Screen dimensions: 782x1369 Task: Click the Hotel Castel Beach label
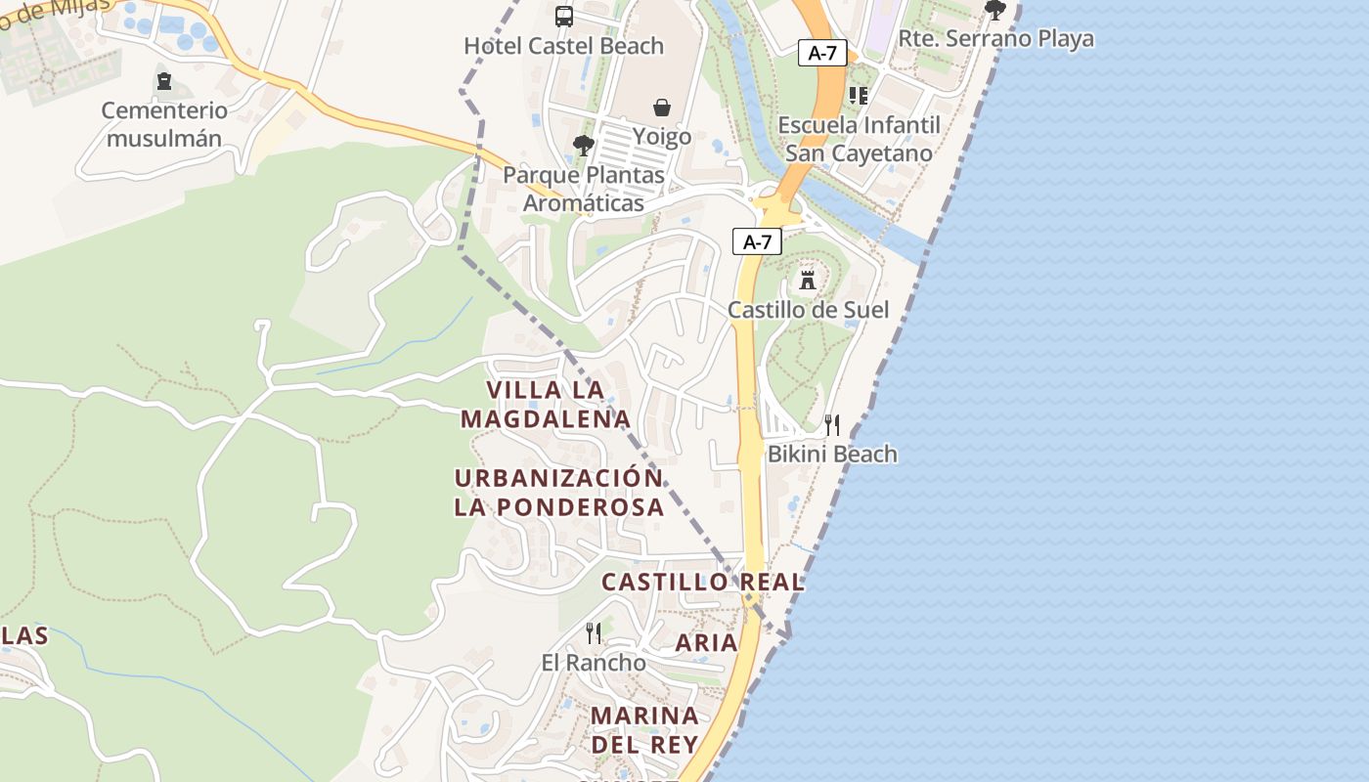tap(563, 46)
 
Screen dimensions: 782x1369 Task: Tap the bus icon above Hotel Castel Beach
tap(564, 16)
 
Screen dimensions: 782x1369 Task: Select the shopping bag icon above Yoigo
tap(662, 107)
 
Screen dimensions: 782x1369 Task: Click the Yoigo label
tap(662, 136)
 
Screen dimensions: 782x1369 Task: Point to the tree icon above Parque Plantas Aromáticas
tap(584, 146)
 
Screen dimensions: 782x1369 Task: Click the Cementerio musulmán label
tap(164, 124)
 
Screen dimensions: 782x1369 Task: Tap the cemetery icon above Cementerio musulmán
tap(164, 80)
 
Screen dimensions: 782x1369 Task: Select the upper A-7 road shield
tap(822, 53)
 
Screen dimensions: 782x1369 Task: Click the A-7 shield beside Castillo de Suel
tap(757, 242)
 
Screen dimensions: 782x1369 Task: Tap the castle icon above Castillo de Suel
tap(808, 280)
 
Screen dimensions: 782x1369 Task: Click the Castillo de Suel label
tap(808, 310)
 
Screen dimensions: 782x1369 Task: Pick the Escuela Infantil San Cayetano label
tap(859, 139)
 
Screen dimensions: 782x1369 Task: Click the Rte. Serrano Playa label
tap(995, 39)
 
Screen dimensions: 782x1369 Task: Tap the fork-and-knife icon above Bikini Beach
tap(832, 424)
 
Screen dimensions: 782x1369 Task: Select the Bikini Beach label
tap(832, 454)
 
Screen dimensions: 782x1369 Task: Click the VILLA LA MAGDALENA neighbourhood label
tap(546, 404)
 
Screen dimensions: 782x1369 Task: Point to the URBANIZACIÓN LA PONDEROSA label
tap(559, 493)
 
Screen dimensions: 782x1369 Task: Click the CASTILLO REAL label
tap(702, 582)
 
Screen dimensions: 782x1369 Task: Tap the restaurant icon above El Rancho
tap(594, 633)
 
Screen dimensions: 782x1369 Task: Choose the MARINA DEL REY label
tap(644, 729)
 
